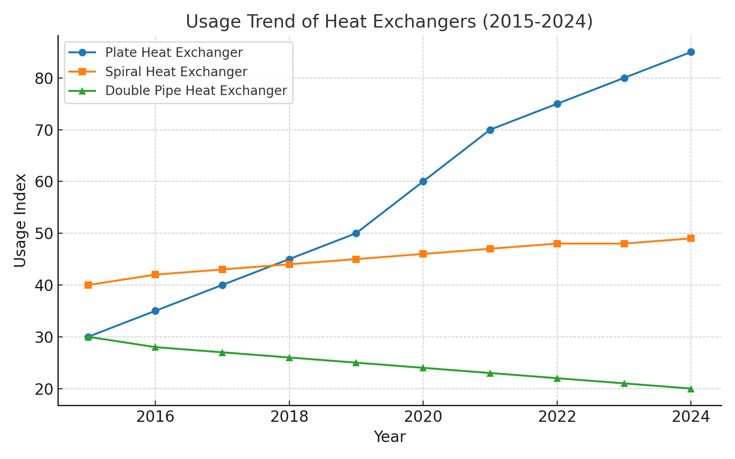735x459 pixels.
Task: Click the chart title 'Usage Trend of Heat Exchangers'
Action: click(331, 22)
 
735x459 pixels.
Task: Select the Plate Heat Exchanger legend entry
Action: click(156, 52)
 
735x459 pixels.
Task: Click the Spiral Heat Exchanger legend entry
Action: click(158, 72)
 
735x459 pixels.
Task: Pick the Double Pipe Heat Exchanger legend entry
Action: click(178, 90)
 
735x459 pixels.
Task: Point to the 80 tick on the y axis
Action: click(44, 78)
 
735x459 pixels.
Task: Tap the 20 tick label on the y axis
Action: click(44, 389)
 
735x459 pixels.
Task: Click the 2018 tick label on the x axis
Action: click(289, 417)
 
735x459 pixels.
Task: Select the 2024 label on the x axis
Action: click(691, 417)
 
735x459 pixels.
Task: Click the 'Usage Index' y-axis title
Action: click(20, 220)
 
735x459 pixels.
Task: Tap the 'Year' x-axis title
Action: click(390, 437)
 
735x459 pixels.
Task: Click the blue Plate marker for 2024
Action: click(691, 52)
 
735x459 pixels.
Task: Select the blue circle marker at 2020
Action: click(423, 182)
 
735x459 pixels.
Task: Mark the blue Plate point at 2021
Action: click(490, 130)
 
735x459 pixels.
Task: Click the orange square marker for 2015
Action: click(88, 285)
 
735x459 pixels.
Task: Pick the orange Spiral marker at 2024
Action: click(691, 238)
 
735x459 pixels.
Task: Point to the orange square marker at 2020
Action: click(423, 254)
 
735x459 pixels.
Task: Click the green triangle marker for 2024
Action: click(691, 389)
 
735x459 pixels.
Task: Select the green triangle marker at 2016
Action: click(155, 347)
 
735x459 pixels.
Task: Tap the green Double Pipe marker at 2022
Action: click(557, 378)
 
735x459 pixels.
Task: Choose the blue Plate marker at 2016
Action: click(155, 311)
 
